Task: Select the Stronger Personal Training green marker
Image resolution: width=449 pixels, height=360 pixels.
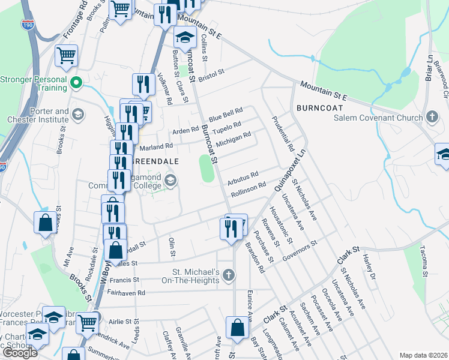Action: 76,82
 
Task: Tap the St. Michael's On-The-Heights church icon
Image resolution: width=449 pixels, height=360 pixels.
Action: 228,276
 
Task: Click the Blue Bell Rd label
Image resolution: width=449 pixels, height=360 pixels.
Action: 225,113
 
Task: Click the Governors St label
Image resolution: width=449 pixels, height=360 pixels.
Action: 301,251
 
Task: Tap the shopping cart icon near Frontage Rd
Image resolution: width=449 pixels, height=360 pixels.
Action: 66,56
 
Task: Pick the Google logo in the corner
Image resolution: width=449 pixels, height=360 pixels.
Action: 20,353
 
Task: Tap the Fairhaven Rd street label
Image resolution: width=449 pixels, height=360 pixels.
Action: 124,293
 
